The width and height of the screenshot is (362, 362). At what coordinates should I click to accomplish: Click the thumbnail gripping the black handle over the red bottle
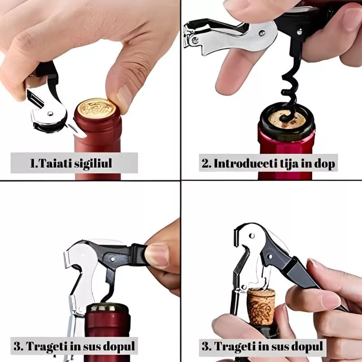point(157,255)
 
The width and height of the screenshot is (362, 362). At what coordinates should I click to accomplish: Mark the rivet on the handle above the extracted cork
point(269,257)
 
